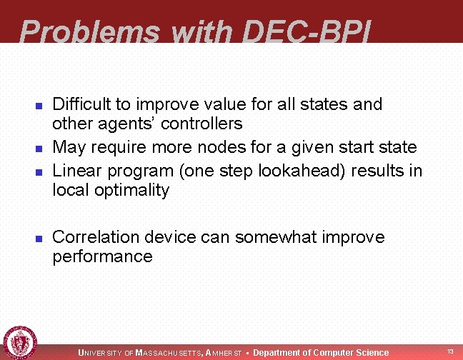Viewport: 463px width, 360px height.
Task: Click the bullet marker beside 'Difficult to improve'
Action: pyautogui.click(x=39, y=106)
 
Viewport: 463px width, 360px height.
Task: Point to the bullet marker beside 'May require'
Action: pyautogui.click(x=39, y=149)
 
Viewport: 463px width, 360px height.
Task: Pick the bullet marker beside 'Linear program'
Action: pyautogui.click(x=39, y=172)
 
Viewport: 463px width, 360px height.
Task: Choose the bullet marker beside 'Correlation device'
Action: pyautogui.click(x=39, y=238)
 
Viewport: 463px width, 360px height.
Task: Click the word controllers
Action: pyautogui.click(x=201, y=124)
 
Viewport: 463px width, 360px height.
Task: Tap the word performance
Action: pyautogui.click(x=102, y=257)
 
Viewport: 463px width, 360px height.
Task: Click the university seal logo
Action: pyautogui.click(x=20, y=342)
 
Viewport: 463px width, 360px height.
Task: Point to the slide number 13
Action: pyautogui.click(x=450, y=351)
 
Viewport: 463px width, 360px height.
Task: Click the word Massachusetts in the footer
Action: pyautogui.click(x=169, y=353)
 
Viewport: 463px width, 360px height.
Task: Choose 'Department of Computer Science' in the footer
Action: pyautogui.click(x=321, y=352)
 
